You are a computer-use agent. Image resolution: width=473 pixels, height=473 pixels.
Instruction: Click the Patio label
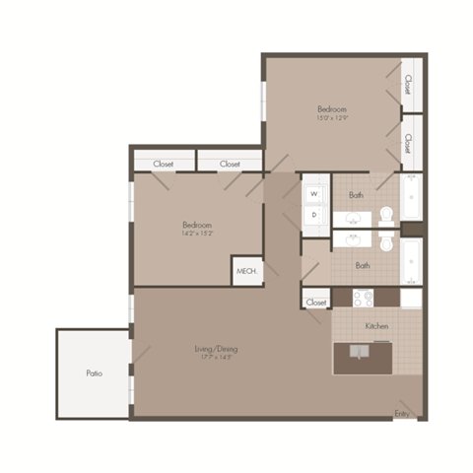pyautogui.click(x=94, y=373)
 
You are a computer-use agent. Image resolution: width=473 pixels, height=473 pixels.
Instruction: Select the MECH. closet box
pyautogui.click(x=244, y=271)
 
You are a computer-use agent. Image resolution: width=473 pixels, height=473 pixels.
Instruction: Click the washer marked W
pyautogui.click(x=314, y=194)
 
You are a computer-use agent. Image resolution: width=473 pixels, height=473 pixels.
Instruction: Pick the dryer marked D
pyautogui.click(x=314, y=214)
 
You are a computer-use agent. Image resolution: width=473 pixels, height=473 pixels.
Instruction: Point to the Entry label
pyautogui.click(x=402, y=412)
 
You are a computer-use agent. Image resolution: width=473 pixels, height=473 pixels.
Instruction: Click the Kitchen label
pyautogui.click(x=376, y=325)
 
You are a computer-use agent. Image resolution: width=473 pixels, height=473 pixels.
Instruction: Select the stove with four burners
pyautogui.click(x=363, y=297)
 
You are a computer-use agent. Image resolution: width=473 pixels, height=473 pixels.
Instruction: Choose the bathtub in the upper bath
pyautogui.click(x=411, y=196)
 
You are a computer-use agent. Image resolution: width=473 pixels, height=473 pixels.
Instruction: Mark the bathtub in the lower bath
pyautogui.click(x=411, y=261)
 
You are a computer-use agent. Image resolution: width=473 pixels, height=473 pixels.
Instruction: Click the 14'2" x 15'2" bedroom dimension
pyautogui.click(x=197, y=235)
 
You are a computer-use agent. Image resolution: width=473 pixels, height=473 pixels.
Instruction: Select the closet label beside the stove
pyautogui.click(x=316, y=303)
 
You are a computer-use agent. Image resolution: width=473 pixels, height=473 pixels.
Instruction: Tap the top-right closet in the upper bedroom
pyautogui.click(x=408, y=85)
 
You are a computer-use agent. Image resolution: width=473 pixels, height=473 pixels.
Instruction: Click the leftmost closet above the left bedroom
pyautogui.click(x=164, y=164)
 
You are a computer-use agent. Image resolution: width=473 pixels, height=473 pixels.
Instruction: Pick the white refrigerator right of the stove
pyautogui.click(x=411, y=297)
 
